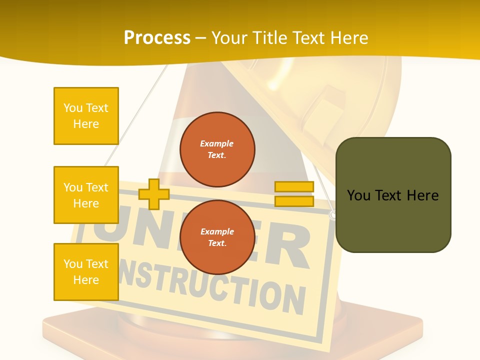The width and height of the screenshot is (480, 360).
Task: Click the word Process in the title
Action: coord(157,38)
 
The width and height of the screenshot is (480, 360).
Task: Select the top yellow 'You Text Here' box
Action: coord(86,116)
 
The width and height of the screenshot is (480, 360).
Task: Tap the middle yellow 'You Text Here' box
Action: coord(86,195)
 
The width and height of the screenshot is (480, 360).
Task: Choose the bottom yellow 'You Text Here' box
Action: coord(86,271)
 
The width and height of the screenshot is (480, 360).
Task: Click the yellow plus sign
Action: coord(153,194)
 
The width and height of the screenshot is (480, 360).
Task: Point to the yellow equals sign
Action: coord(294,194)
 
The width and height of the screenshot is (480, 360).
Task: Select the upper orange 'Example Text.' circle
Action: coord(217,149)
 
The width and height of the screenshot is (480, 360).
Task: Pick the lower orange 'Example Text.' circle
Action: coord(217,237)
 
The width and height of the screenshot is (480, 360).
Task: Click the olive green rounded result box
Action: coord(393,195)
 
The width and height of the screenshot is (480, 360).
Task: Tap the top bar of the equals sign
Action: coord(294,187)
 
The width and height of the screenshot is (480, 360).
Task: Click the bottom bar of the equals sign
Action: coord(294,201)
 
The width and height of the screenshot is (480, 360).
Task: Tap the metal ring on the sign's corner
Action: coord(332,215)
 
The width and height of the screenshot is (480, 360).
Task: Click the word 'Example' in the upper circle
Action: coord(217,143)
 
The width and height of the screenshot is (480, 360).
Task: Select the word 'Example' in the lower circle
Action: coord(217,231)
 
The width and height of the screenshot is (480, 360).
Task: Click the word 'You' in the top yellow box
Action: coord(72,108)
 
